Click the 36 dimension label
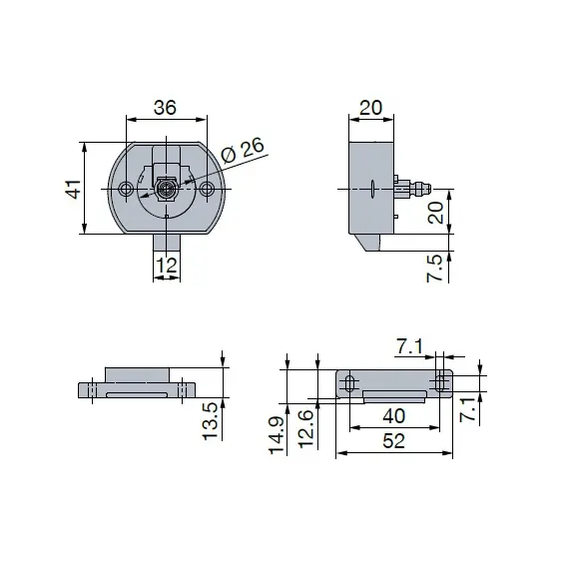tap(165, 108)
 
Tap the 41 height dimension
tap(73, 189)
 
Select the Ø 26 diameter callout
tap(243, 151)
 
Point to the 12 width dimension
tap(167, 266)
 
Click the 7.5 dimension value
tap(434, 268)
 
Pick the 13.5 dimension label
tap(210, 421)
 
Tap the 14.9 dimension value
tap(277, 435)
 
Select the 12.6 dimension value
tap(305, 428)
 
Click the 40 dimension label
tap(393, 416)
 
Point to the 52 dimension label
tap(393, 441)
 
